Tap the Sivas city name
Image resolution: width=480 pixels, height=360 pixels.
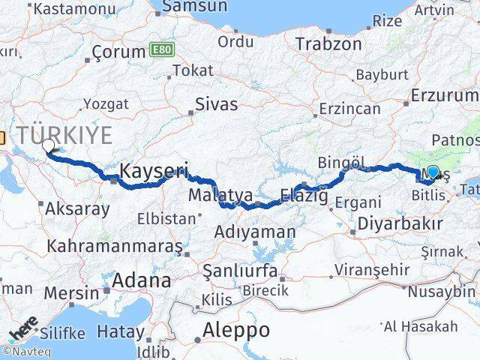[216, 104]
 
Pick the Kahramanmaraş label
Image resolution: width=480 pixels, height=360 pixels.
[115, 246]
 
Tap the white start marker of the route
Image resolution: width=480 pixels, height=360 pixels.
[49, 146]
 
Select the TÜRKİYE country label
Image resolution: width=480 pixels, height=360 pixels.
[66, 136]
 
